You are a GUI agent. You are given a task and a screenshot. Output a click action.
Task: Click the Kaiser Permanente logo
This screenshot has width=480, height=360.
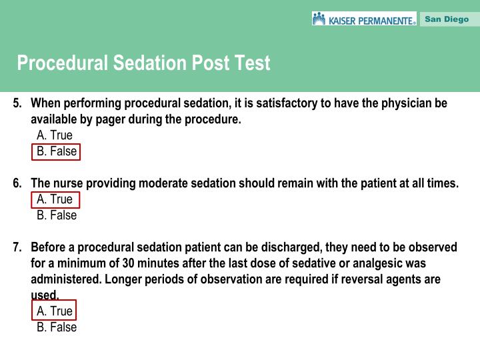(364, 19)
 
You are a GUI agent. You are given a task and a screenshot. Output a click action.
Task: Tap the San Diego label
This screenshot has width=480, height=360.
(447, 19)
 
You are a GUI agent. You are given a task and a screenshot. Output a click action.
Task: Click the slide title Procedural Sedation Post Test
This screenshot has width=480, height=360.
(144, 63)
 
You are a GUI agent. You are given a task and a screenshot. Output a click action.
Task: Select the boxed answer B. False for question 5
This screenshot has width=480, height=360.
(57, 151)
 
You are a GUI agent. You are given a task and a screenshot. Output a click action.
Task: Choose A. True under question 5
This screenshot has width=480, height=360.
(55, 135)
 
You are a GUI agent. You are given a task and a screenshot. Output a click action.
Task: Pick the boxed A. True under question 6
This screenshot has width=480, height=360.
(55, 199)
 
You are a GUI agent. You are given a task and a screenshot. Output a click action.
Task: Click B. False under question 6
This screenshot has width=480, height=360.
(57, 215)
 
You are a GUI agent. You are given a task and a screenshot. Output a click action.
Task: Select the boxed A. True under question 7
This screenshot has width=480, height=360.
(55, 311)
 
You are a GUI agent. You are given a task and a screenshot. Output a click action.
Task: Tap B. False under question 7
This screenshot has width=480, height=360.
(57, 327)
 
